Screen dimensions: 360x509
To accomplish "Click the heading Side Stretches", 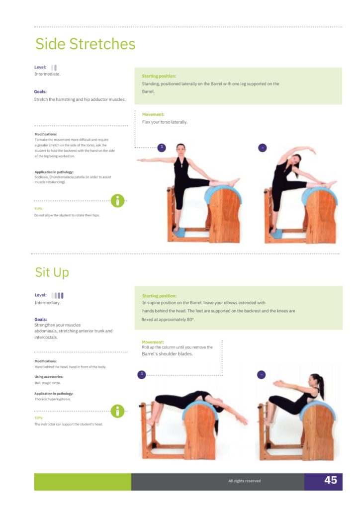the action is click(85, 44).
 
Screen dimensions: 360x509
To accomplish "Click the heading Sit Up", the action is click(52, 272).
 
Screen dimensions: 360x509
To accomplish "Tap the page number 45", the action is click(331, 480).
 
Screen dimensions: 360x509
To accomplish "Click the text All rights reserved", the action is click(245, 481).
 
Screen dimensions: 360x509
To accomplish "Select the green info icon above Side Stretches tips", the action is click(117, 201).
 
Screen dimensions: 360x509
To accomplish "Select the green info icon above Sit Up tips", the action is click(117, 411).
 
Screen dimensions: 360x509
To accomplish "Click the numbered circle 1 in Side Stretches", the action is click(162, 148).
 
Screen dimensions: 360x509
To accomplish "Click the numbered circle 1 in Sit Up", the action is click(142, 375).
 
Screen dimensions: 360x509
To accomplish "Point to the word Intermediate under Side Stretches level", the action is click(47, 74).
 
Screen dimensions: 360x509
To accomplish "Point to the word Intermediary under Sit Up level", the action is click(48, 303).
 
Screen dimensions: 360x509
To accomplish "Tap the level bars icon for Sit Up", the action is click(58, 295).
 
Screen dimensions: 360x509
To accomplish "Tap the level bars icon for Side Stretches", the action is click(54, 68).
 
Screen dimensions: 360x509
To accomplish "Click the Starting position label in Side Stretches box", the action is click(159, 76).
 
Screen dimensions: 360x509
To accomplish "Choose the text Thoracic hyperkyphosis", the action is click(53, 399).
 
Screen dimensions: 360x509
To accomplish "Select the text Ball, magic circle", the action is click(48, 383).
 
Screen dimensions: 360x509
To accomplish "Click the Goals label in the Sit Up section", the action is click(41, 320).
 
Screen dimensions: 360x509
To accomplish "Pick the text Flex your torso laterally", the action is click(165, 122).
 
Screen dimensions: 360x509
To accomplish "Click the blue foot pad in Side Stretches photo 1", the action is click(179, 232).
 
